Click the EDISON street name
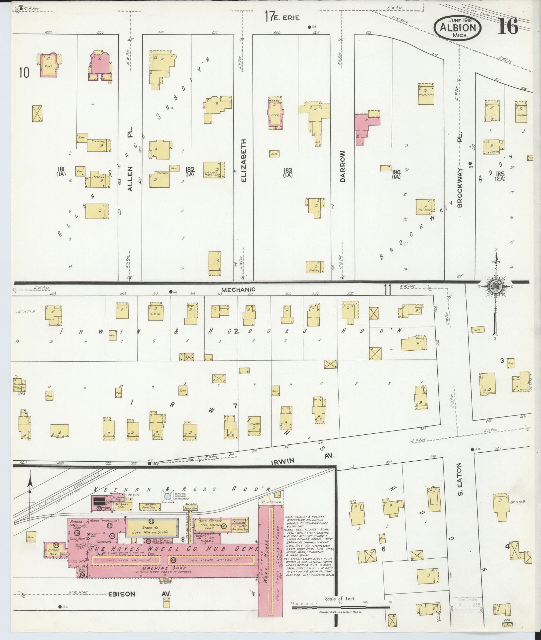tap(122, 594)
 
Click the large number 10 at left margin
tap(24, 72)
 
